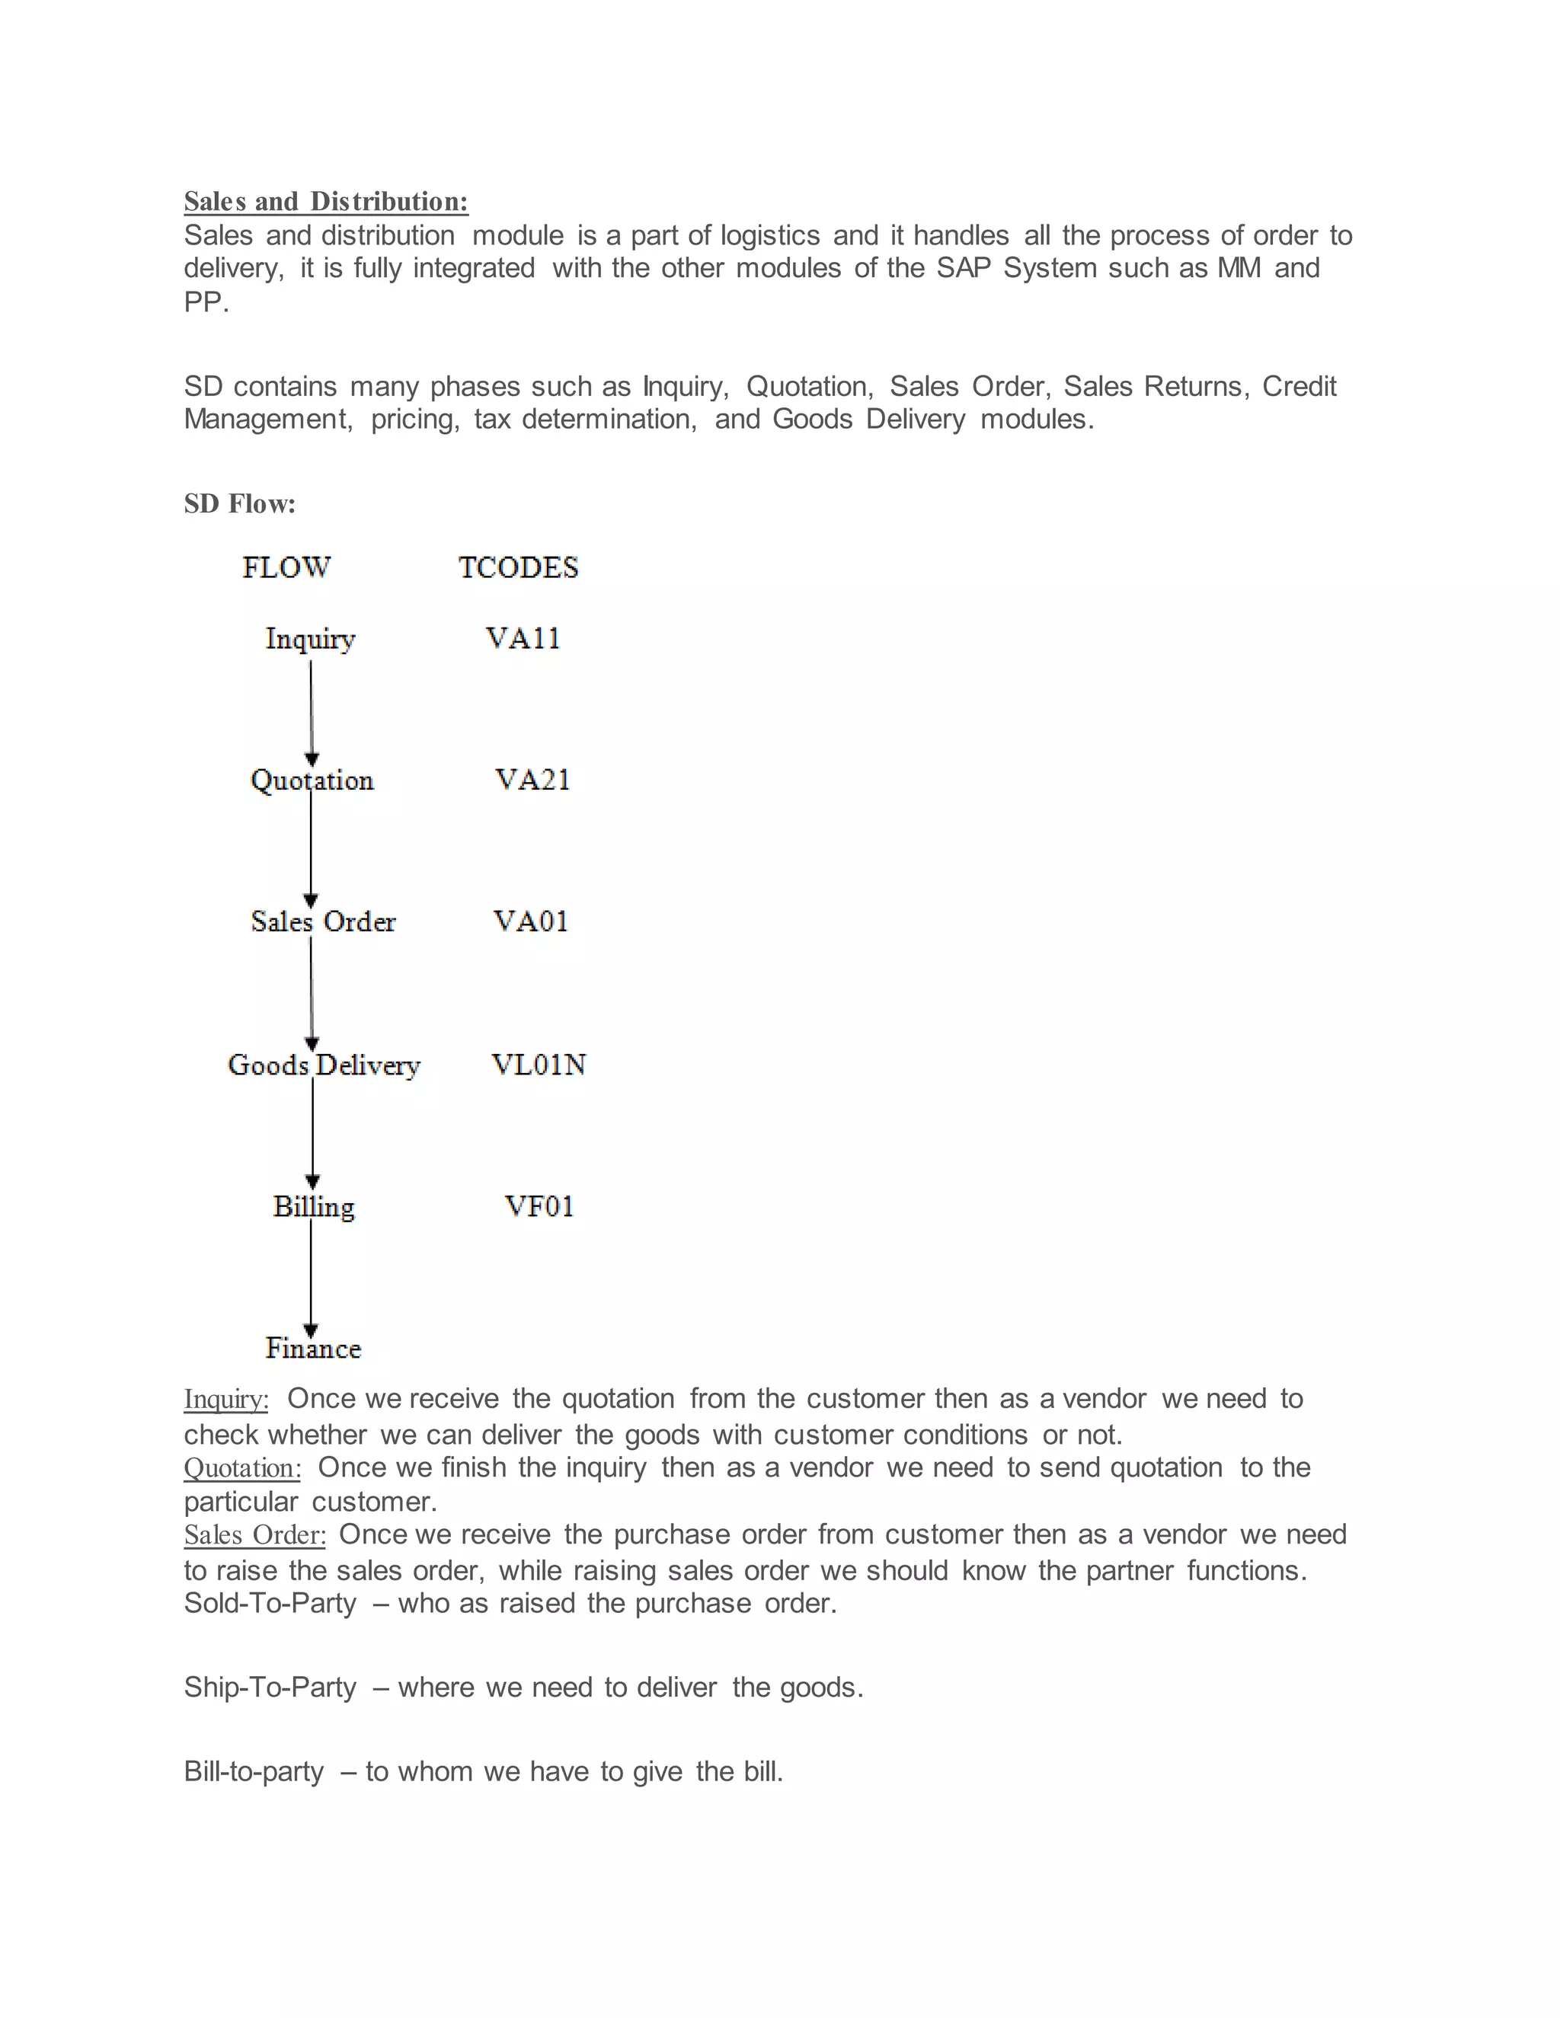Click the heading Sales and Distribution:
(325, 202)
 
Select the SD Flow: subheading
(239, 503)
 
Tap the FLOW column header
(286, 567)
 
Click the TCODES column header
(519, 567)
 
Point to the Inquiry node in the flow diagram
(311, 638)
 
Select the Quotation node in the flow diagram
(312, 781)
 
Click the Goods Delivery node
(324, 1065)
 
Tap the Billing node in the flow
(313, 1207)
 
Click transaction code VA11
(523, 638)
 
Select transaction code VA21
(532, 780)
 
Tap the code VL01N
(539, 1065)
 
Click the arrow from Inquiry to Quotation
(311, 711)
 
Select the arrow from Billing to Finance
(311, 1280)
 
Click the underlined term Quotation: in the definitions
(242, 1468)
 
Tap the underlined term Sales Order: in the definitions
(255, 1534)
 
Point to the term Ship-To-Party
(270, 1688)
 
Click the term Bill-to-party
(254, 1771)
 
